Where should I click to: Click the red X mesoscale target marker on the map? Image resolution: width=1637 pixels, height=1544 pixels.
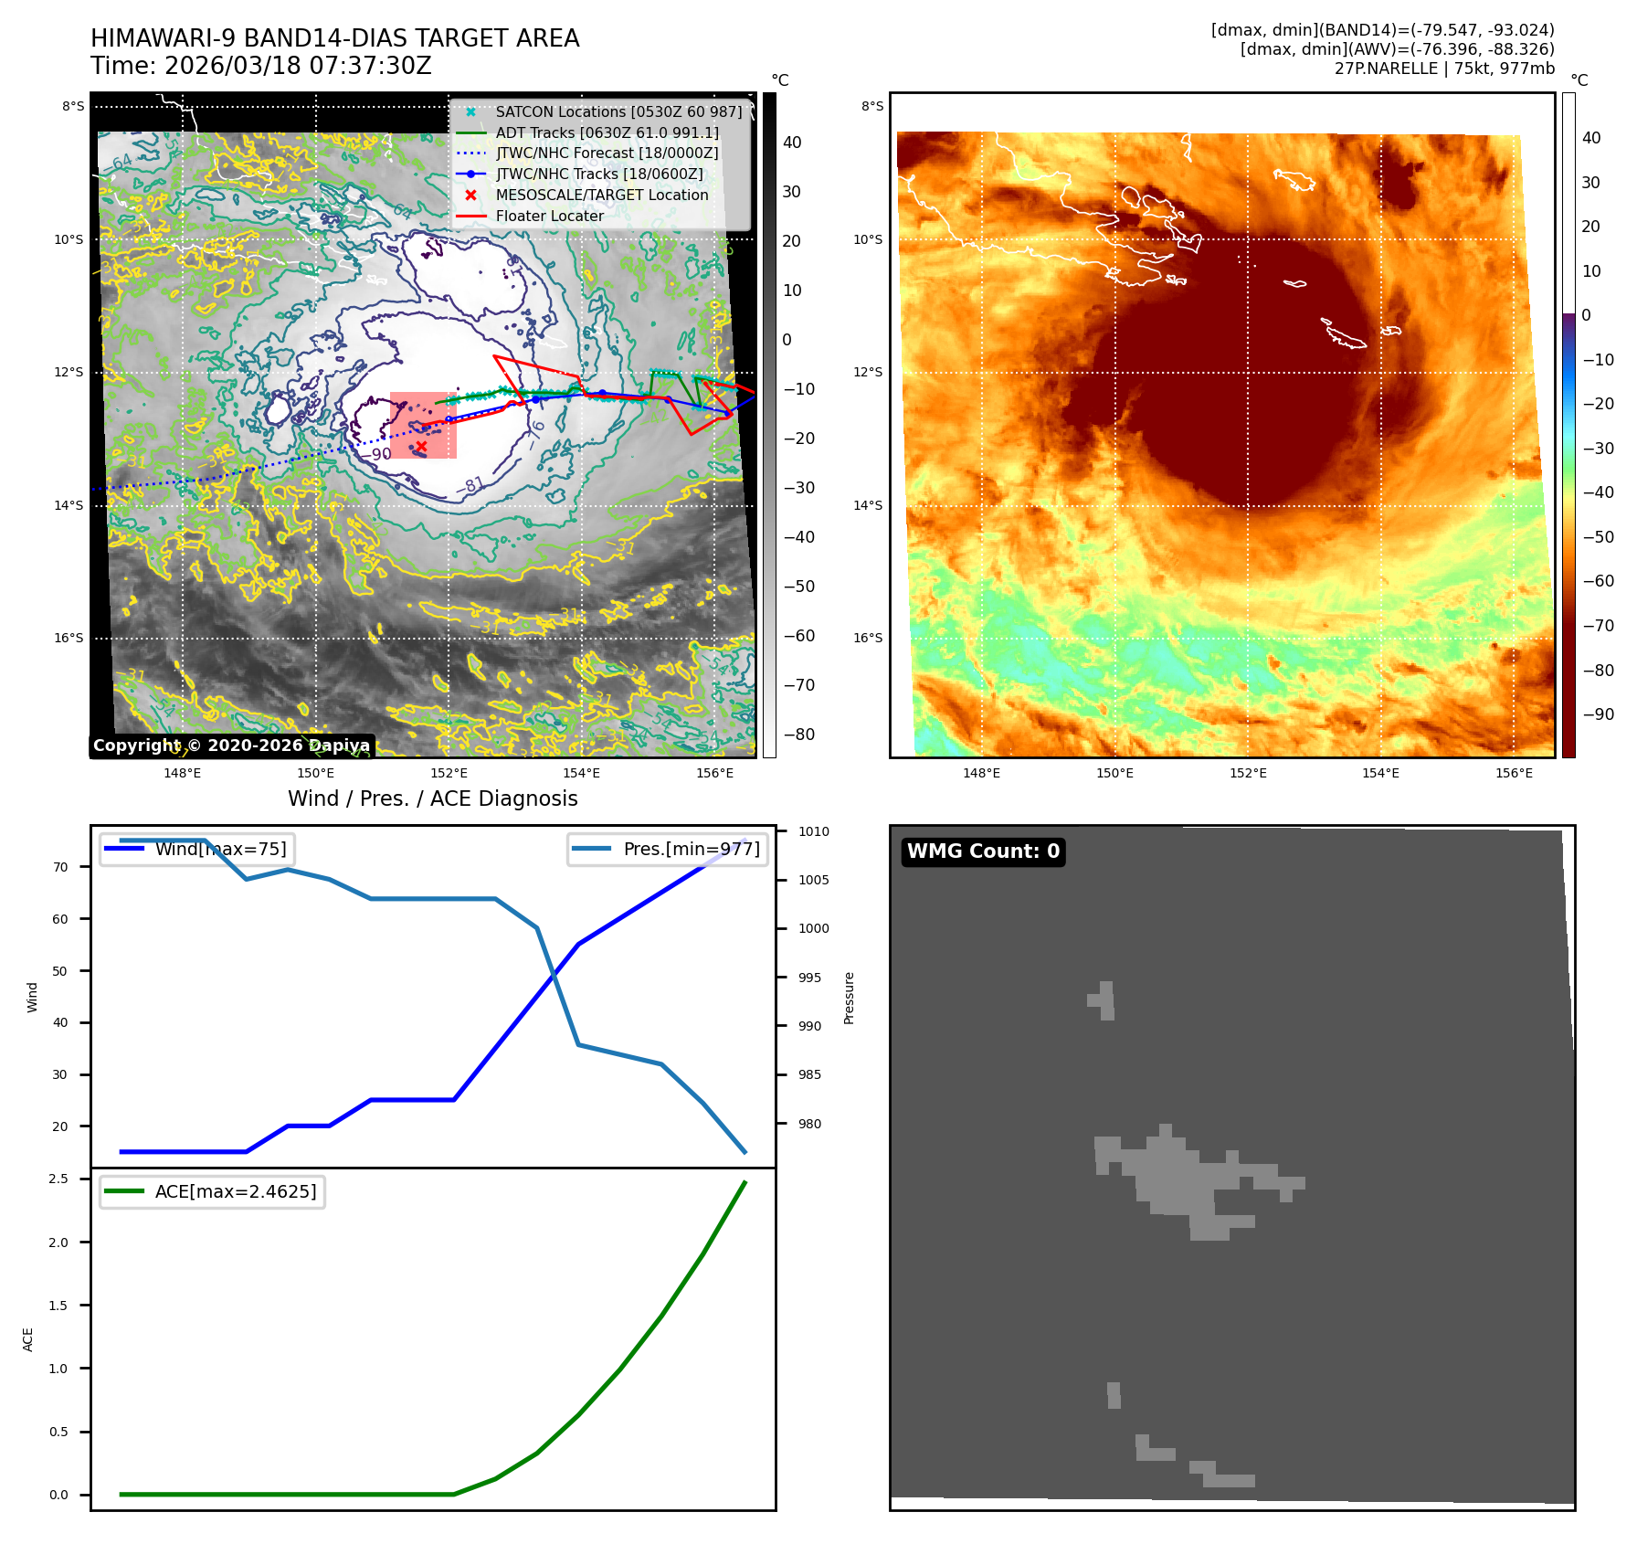(421, 447)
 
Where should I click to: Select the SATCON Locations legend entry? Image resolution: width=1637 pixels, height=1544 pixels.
(618, 111)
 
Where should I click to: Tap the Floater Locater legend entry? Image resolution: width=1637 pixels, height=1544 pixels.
(549, 217)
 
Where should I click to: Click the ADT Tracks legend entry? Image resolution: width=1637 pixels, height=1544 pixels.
(607, 132)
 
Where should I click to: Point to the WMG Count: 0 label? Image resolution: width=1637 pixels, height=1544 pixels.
(983, 851)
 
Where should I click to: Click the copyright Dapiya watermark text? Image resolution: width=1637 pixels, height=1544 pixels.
(231, 746)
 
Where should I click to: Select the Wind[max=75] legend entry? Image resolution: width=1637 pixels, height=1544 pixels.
(220, 849)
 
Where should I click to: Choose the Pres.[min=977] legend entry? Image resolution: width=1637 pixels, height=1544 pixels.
(691, 849)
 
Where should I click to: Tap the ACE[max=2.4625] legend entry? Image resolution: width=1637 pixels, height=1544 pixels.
(236, 1191)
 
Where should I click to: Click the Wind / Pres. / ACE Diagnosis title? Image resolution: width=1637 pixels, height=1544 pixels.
(432, 798)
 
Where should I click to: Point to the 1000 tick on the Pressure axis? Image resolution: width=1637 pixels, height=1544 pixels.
(813, 928)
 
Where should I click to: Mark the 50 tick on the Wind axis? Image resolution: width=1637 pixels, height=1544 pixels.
(60, 971)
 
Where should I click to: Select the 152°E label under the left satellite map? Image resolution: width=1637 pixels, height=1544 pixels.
(449, 773)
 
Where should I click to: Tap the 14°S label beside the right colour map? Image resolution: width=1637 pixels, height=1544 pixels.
(868, 505)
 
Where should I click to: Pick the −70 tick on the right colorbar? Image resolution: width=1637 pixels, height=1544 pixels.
(1598, 626)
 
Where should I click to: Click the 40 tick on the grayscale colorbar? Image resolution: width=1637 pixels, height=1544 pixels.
(792, 143)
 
